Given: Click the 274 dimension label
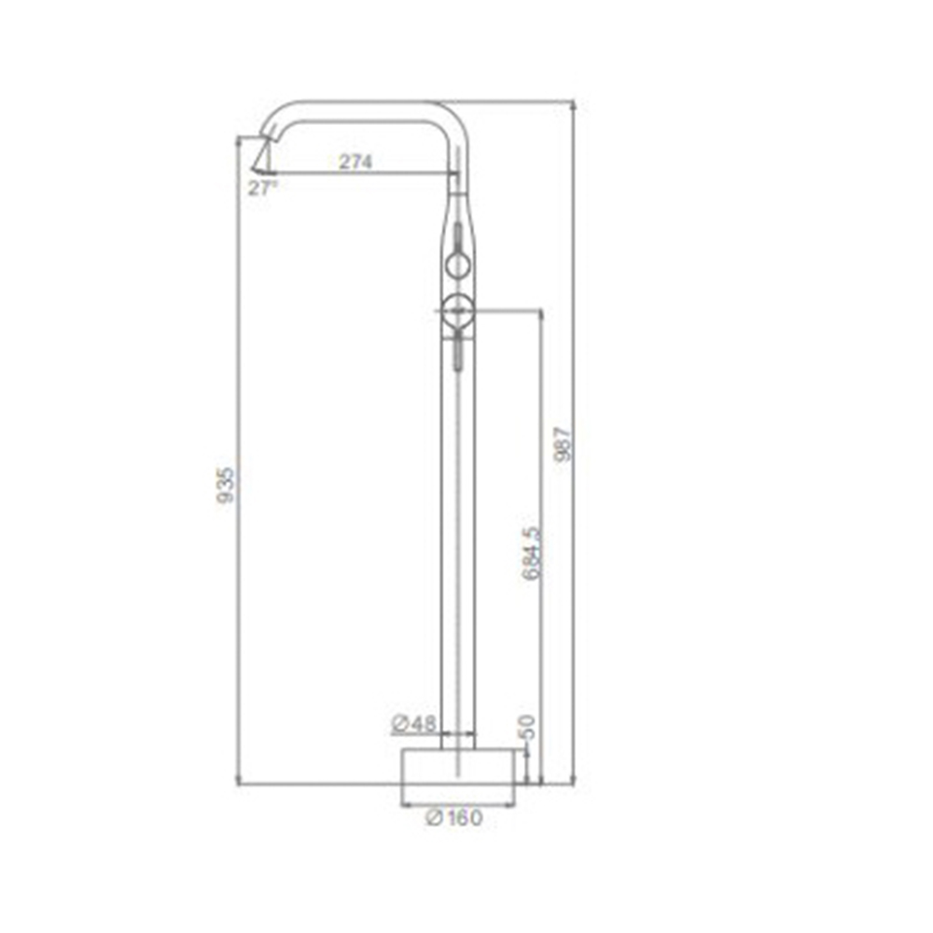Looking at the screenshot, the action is tap(355, 161).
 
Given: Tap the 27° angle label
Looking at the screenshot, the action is tap(262, 188).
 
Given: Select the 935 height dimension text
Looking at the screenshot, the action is tap(226, 485).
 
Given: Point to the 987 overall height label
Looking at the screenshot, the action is tap(563, 444).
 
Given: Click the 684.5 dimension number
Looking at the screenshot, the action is tap(532, 552).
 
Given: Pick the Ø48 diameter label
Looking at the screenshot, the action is tap(414, 724).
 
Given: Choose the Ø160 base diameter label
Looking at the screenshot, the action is tap(454, 817).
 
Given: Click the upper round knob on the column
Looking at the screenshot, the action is tap(458, 265).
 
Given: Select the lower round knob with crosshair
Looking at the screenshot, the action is tap(457, 310).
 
